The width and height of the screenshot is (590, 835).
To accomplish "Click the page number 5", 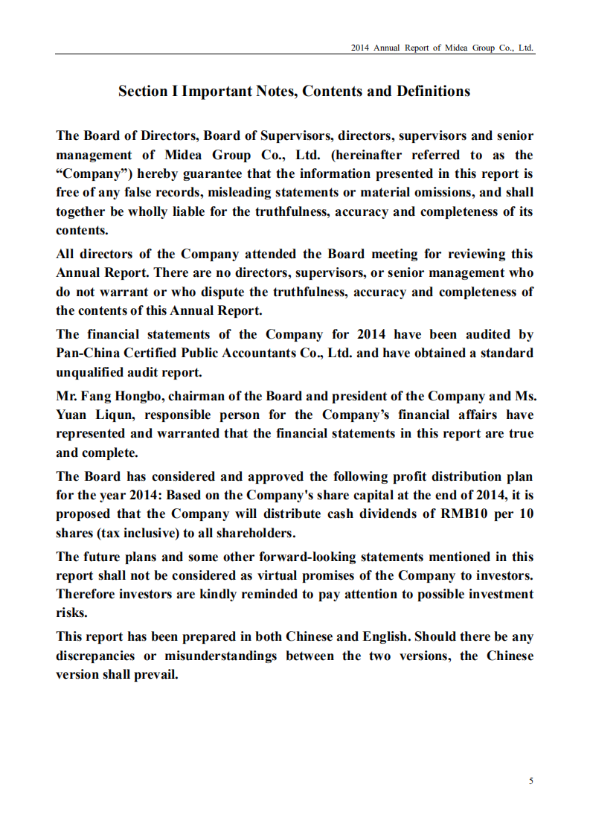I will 530,781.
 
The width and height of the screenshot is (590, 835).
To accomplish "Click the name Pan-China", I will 86,353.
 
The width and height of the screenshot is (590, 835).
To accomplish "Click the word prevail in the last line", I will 155,674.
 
